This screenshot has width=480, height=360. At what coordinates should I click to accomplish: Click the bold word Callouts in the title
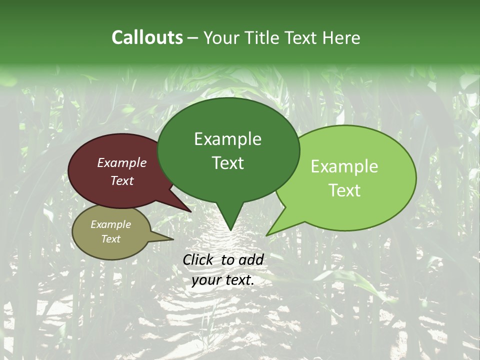147,37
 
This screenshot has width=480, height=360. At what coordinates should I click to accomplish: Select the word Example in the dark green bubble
227,139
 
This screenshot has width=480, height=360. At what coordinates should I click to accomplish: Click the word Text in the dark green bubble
227,163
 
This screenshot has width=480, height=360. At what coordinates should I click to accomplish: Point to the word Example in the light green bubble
344,166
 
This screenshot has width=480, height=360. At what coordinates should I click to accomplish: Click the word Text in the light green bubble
344,190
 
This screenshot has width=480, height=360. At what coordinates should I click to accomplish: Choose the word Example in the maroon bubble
122,162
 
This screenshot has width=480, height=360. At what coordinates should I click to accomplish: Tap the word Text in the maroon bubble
122,180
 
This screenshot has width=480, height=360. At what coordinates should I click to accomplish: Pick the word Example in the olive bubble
111,224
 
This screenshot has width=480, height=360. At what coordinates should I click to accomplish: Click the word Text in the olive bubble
111,239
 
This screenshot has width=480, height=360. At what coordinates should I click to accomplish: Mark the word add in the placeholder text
251,259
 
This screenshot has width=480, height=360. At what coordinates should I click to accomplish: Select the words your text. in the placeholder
223,280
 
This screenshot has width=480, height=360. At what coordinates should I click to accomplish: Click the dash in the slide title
193,38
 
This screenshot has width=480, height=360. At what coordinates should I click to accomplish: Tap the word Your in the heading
221,37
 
